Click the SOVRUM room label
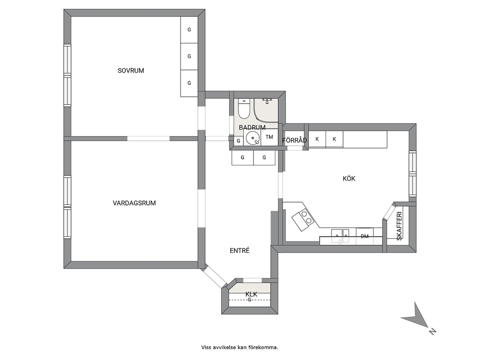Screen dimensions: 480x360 131,71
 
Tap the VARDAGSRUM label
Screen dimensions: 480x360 134,203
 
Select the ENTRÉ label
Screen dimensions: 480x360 240,251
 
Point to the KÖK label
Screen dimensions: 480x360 349,179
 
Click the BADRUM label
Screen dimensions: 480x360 252,127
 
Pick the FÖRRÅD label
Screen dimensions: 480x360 295,140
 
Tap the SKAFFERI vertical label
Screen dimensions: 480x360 399,226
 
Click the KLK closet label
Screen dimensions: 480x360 251,295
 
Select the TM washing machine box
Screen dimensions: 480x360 270,137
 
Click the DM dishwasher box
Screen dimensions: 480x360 364,236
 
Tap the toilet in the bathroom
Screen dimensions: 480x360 244,109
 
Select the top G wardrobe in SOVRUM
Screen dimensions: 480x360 189,30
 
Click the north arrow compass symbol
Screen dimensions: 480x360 418,318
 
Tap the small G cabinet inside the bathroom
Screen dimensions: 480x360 239,141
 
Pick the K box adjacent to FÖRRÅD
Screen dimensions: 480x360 317,139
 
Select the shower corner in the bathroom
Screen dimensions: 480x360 266,110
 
